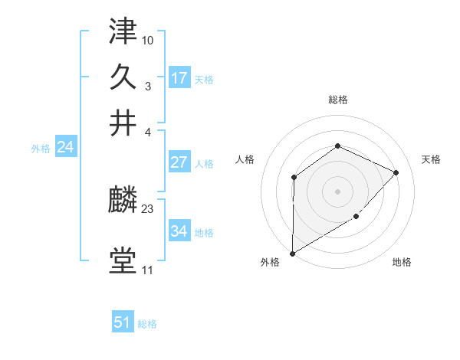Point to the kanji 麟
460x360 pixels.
[x=123, y=202]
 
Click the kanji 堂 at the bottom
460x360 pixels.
[x=123, y=261]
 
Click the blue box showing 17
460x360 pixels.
[x=179, y=77]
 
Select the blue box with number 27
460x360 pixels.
[x=179, y=162]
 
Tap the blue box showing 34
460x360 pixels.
[x=179, y=231]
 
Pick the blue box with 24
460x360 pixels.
[x=65, y=147]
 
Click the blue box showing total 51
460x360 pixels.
[x=123, y=322]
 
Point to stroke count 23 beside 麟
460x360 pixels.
[x=148, y=208]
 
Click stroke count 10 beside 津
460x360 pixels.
[x=148, y=38]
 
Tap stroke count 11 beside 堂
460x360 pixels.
[x=147, y=270]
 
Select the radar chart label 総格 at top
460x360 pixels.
[x=337, y=100]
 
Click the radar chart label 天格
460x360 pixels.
[x=431, y=159]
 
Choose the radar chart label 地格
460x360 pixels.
[x=402, y=262]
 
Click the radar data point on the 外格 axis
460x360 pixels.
[x=292, y=253]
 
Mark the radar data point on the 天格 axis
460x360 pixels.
[x=396, y=172]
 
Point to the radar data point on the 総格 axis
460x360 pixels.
[x=337, y=146]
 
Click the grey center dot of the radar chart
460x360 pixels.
[x=337, y=191]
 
